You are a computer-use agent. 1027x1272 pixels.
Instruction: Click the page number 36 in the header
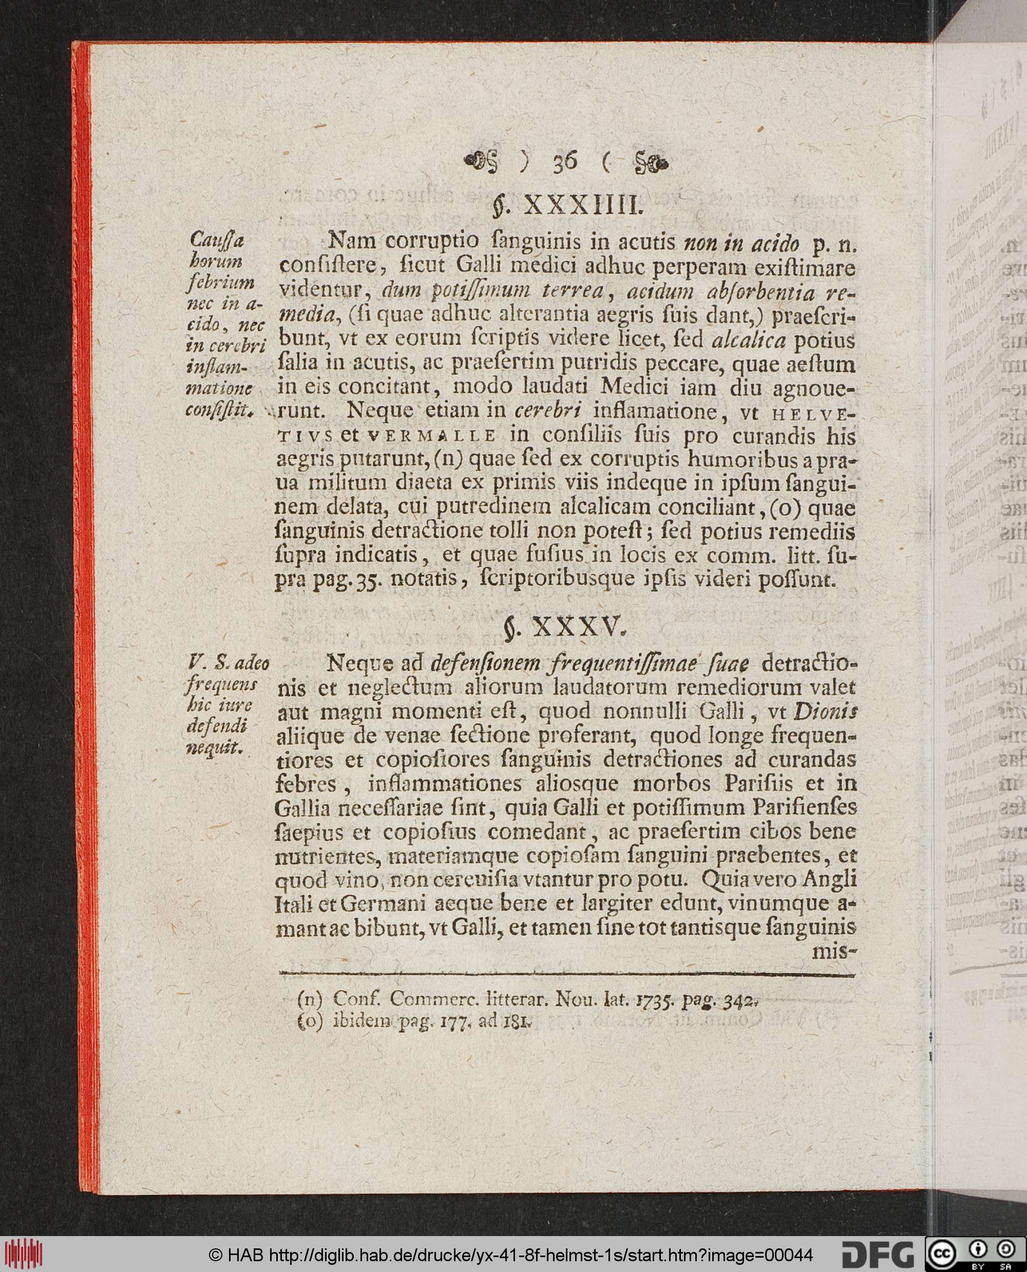click(x=565, y=161)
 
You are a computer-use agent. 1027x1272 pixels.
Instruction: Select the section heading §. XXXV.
click(x=565, y=626)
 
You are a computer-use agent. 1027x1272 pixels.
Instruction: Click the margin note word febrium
click(x=220, y=283)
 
